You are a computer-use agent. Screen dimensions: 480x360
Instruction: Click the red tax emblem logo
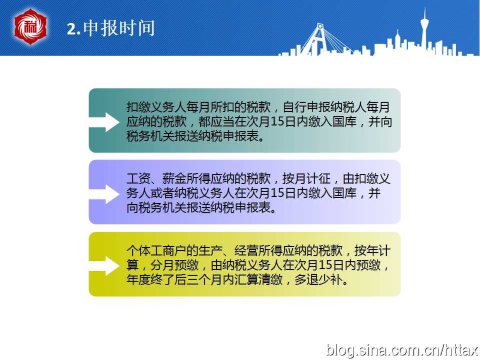pyautogui.click(x=30, y=26)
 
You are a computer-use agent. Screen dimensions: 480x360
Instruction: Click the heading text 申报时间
pyautogui.click(x=119, y=28)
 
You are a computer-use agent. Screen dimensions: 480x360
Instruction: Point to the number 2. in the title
pyautogui.click(x=73, y=29)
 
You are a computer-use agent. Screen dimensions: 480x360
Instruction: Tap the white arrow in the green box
pyautogui.click(x=104, y=122)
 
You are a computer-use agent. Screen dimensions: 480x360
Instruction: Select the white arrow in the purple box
pyautogui.click(x=104, y=194)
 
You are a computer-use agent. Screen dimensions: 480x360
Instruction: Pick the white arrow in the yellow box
pyautogui.click(x=104, y=265)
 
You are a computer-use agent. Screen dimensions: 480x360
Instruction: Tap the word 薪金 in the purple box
pyautogui.click(x=174, y=178)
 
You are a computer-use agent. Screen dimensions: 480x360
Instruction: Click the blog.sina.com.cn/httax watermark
pyautogui.click(x=402, y=350)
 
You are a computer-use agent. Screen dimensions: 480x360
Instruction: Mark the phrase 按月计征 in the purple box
pyautogui.click(x=306, y=178)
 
